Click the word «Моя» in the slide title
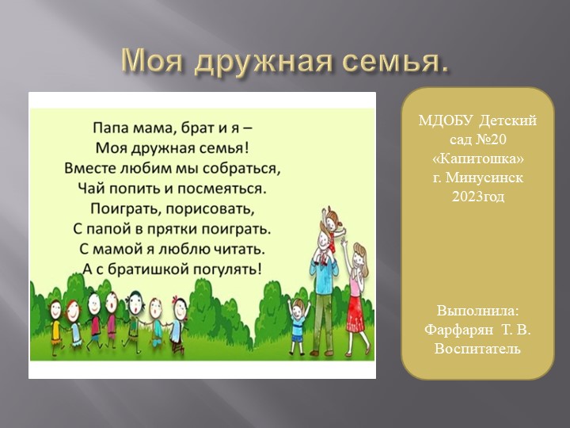coord(153,60)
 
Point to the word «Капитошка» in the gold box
coord(478,159)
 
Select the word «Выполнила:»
coord(477,310)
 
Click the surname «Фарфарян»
coord(456,329)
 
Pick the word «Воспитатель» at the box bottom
coord(477,348)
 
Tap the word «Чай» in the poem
coord(116,189)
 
